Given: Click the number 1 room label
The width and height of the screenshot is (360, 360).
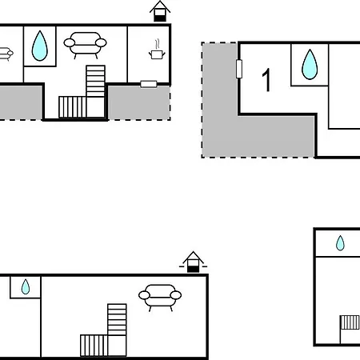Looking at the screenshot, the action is tap(266, 80).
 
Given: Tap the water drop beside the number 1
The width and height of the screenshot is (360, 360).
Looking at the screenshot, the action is tap(310, 64).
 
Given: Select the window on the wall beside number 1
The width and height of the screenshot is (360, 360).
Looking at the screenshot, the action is tap(239, 69).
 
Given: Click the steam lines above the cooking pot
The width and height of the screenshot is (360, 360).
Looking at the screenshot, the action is tap(158, 44).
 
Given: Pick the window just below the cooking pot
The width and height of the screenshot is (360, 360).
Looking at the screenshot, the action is tap(149, 84).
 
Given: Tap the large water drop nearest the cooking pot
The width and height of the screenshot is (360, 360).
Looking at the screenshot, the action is tap(40, 46).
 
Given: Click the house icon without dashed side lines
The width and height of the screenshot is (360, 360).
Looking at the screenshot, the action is tap(160, 11).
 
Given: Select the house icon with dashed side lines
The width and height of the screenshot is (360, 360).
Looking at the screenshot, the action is tap(193, 262).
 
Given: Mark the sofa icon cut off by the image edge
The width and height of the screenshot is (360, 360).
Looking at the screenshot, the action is tap(6, 54).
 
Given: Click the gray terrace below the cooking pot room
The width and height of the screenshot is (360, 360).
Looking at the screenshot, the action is tap(139, 103).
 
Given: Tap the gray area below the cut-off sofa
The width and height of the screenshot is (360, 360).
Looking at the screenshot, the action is tap(21, 102).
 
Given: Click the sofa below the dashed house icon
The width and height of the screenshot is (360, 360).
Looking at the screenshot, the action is tap(160, 298).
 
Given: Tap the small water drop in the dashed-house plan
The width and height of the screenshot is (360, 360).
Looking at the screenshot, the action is tap(26, 286).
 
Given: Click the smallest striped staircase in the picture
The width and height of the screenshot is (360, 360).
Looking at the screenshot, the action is tap(350, 322).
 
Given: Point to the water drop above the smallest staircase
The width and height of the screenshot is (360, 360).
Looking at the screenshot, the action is tap(340, 243).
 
